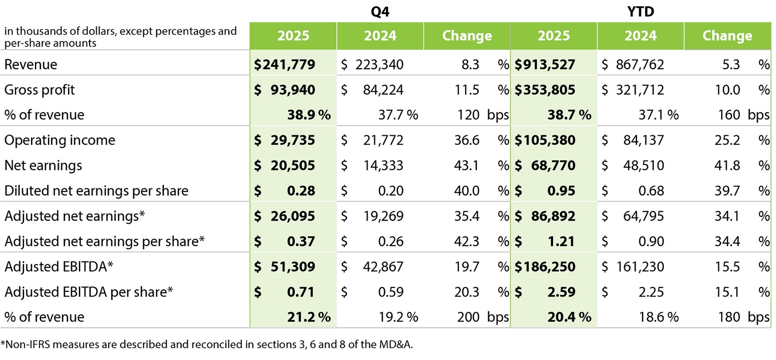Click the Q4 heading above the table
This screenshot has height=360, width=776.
click(380, 12)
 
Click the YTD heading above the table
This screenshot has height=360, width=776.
click(641, 12)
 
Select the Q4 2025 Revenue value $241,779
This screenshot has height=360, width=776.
click(285, 65)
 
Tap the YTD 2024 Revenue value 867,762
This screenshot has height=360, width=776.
click(640, 65)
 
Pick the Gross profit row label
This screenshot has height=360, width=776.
click(39, 90)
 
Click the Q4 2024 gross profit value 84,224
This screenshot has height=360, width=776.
click(383, 90)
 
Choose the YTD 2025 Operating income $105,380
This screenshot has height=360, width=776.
click(545, 140)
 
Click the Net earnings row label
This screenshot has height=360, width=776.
click(43, 166)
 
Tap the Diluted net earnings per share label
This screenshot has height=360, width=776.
click(96, 191)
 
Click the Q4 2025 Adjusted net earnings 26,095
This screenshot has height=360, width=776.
click(293, 216)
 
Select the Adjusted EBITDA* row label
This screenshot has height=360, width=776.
click(59, 267)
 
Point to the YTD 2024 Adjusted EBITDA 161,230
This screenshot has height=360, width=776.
click(640, 267)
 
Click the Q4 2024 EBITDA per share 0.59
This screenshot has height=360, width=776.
click(391, 292)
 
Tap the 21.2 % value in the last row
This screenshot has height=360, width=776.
click(309, 317)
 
